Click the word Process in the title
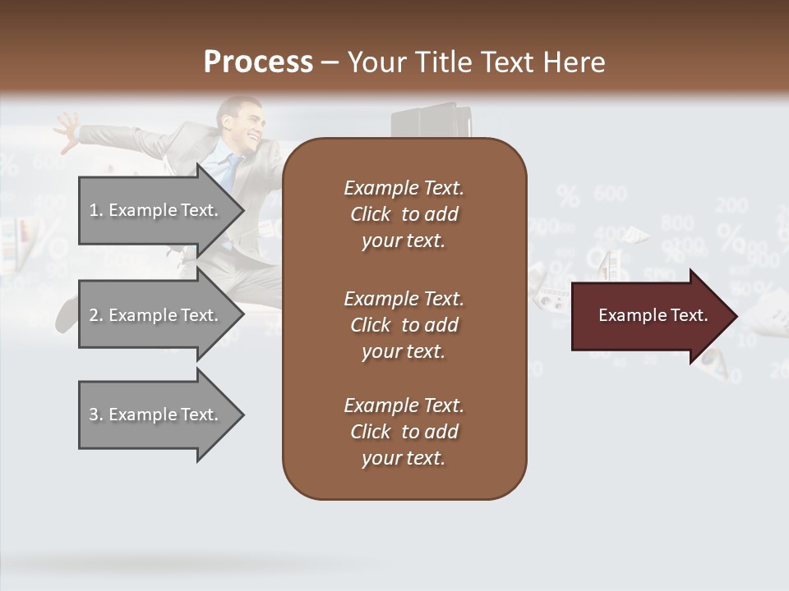point(258,62)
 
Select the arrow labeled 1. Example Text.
point(156,210)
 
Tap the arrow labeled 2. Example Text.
point(156,315)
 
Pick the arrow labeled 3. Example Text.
point(156,415)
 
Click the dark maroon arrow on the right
point(649,316)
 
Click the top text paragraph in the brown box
point(404,214)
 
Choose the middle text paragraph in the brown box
point(404,325)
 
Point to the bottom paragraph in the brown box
point(404,432)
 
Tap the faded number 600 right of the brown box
point(609,194)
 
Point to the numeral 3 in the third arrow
point(94,415)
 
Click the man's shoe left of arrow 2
point(65,315)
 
